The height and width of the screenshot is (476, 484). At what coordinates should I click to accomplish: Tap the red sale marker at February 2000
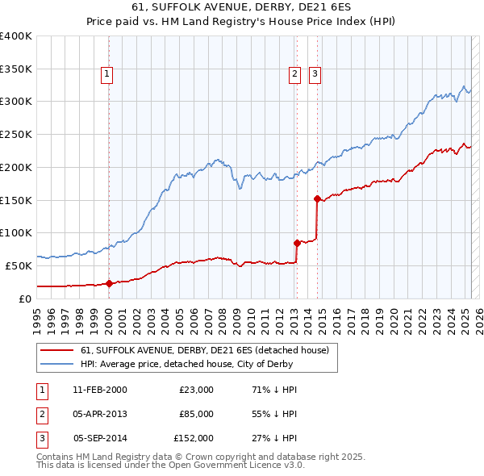point(109,283)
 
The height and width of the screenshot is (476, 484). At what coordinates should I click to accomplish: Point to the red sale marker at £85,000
point(297,242)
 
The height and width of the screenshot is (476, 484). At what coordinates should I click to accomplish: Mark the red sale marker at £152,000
point(317,198)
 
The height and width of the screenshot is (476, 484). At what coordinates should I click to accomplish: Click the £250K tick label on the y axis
point(16,134)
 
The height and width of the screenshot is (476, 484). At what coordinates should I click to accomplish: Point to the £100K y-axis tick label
point(16,232)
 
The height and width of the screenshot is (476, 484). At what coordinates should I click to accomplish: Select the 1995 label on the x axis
point(37,315)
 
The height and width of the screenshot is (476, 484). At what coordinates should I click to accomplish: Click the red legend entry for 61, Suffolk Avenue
point(204,351)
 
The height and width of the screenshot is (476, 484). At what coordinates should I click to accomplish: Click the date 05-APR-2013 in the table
point(99,414)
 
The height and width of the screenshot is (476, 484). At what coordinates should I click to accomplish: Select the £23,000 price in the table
point(197,390)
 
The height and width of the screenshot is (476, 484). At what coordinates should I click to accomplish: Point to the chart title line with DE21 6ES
point(241,9)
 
